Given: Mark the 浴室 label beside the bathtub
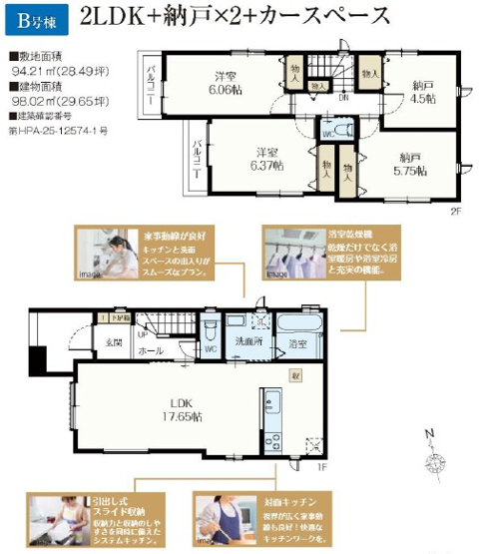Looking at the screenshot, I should point(297,343).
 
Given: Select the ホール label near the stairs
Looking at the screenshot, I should point(151,351).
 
